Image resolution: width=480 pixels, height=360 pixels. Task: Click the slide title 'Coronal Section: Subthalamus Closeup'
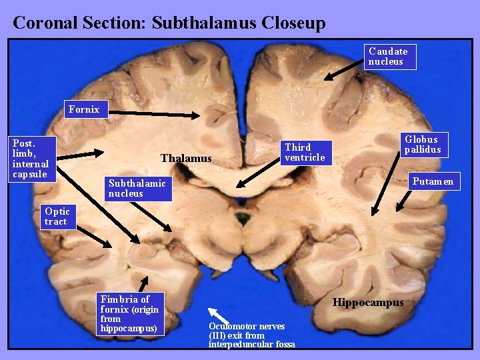169,23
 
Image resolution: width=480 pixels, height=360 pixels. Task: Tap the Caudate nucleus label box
391,57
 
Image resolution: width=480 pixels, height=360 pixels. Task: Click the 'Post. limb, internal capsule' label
31,159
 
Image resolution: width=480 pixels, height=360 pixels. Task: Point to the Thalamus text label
186,159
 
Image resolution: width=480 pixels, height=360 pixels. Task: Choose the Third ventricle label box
305,152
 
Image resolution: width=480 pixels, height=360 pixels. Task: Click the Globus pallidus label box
422,144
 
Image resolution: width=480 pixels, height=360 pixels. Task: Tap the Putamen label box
433,181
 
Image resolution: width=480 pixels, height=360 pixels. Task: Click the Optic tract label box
57,217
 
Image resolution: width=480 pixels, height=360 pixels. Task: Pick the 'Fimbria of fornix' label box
129,313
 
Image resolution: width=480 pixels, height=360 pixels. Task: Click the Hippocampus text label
368,303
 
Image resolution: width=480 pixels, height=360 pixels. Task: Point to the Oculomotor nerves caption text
251,335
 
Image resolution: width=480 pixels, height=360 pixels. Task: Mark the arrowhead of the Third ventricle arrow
236,185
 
